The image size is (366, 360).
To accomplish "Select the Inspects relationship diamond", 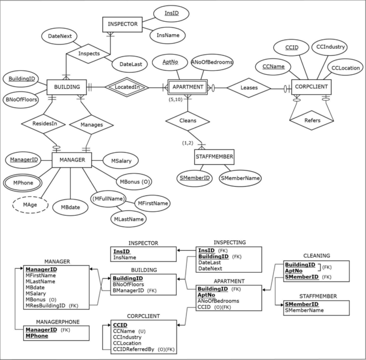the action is click(x=88, y=53).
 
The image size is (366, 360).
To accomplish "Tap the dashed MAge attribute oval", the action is click(x=30, y=205).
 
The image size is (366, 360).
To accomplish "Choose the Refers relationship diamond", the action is click(x=312, y=120).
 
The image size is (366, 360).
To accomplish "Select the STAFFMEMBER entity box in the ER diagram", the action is click(x=214, y=157).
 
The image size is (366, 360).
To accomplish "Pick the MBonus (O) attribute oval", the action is click(x=134, y=182).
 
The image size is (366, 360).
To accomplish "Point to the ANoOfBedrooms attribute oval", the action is click(x=212, y=62).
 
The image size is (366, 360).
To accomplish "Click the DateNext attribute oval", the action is click(x=60, y=36).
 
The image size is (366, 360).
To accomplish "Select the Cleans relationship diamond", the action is click(x=187, y=121).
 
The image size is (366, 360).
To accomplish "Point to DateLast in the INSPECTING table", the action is click(x=209, y=262).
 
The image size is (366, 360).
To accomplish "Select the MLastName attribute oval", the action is click(x=128, y=219).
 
